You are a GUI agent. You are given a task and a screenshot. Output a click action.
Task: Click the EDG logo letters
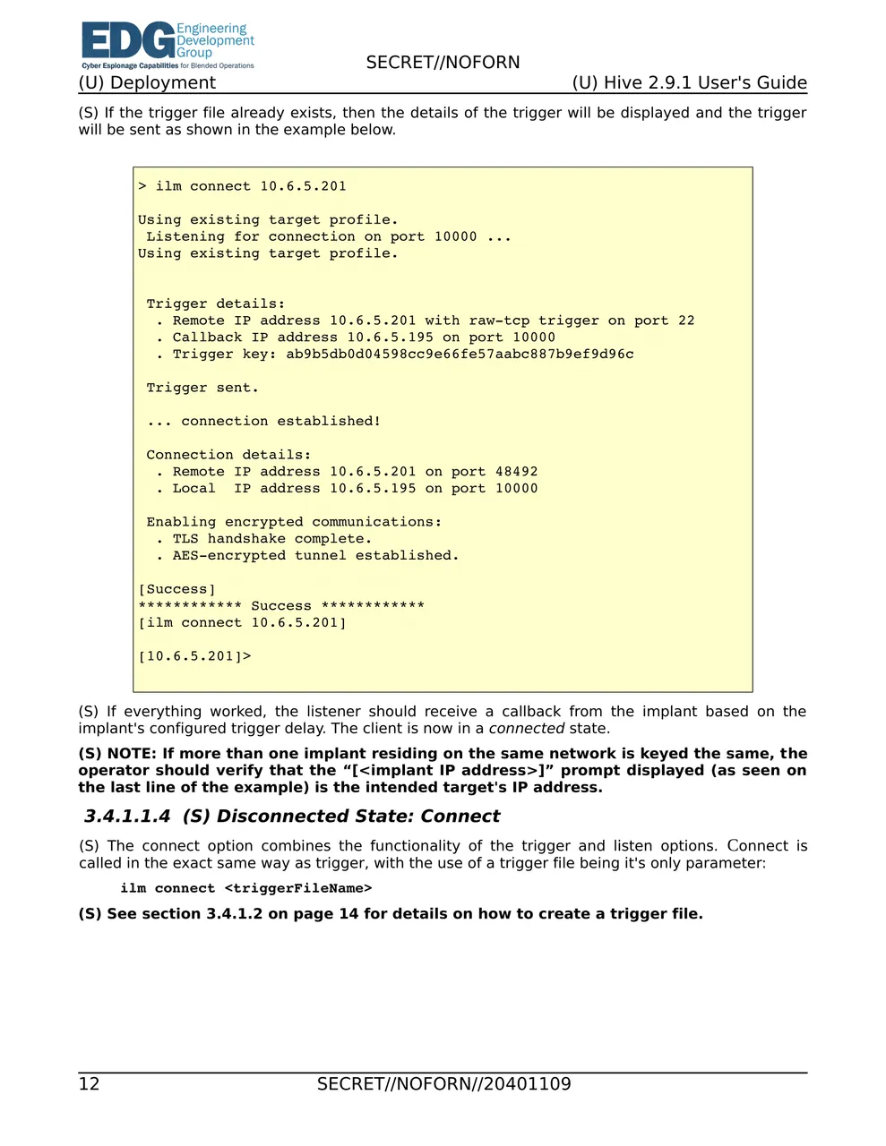tap(127, 41)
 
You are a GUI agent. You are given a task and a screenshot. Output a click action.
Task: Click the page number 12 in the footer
tap(90, 1084)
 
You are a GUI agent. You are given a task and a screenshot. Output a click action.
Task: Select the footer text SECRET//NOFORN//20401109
tap(443, 1084)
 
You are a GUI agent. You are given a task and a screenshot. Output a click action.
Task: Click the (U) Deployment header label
tap(147, 83)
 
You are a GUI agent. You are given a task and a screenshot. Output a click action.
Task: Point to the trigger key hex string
tap(460, 355)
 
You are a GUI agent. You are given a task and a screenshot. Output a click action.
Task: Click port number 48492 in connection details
tap(516, 472)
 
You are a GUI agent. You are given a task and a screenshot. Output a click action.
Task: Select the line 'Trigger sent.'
tap(202, 388)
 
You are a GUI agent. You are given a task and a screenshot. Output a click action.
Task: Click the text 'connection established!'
tap(280, 422)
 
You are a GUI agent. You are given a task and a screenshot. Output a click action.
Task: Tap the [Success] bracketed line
tap(176, 589)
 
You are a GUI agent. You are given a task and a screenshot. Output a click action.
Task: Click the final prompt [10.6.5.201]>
tap(194, 656)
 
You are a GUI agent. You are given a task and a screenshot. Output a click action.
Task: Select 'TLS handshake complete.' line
tap(271, 539)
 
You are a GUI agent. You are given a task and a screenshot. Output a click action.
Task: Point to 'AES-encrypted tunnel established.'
tap(315, 556)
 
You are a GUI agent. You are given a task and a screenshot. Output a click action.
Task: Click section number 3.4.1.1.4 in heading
tap(126, 817)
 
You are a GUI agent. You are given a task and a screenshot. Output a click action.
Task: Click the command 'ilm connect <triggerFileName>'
tap(246, 888)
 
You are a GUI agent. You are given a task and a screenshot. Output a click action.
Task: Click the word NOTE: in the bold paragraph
tap(132, 754)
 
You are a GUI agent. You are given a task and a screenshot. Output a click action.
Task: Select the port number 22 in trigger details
tap(686, 321)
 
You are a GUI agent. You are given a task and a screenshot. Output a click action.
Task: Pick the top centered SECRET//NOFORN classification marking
tap(443, 63)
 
